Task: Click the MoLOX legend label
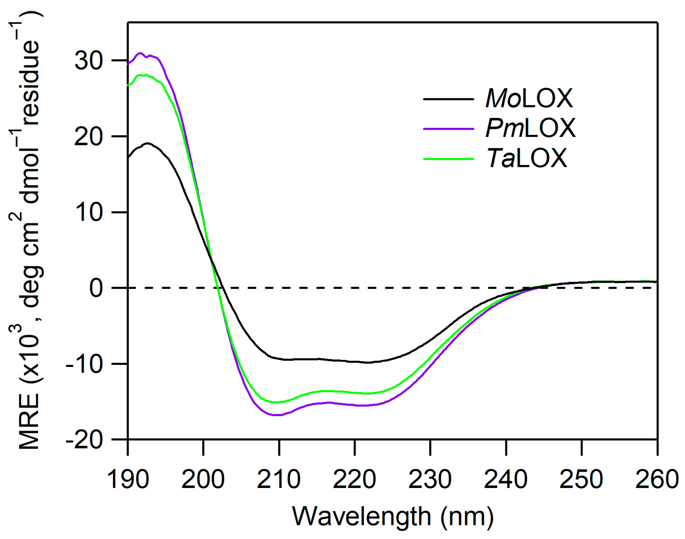tap(529, 99)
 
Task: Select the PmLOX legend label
tap(530, 128)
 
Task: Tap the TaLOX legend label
tap(527, 158)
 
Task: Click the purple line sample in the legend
tap(448, 129)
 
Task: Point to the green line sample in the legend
tap(448, 159)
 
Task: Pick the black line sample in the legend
tap(448, 99)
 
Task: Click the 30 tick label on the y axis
tap(89, 61)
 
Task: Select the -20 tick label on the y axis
tap(85, 440)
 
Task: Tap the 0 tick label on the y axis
tap(96, 288)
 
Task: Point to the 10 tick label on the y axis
tap(89, 212)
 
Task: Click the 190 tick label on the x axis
tap(128, 479)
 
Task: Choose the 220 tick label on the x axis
tap(355, 479)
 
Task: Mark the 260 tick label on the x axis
tap(656, 479)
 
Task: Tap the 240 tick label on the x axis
tap(506, 479)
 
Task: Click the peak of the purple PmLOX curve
tap(140, 53)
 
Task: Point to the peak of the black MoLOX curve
tap(148, 143)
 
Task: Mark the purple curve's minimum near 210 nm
tap(278, 415)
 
